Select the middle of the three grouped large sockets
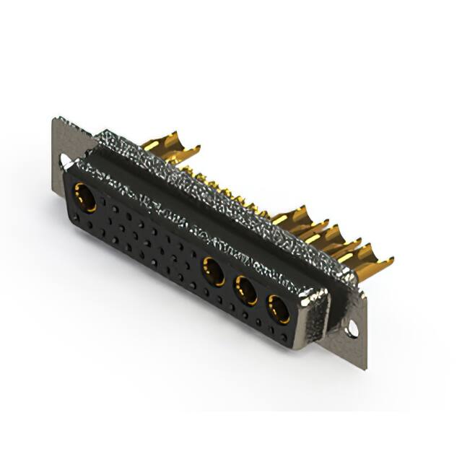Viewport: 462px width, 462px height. (x=246, y=290)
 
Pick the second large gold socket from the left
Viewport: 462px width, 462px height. (x=213, y=271)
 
